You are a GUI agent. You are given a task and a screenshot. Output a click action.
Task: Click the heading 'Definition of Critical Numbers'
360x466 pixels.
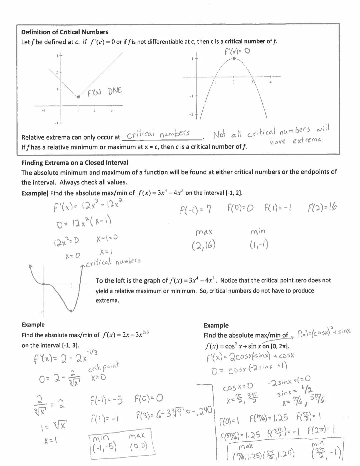(65, 32)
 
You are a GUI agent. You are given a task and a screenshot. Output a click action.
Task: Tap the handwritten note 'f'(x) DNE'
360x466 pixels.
(105, 92)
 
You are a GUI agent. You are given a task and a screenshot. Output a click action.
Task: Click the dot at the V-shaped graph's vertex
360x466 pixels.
(78, 97)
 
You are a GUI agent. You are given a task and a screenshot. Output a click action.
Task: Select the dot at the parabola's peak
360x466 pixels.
(234, 58)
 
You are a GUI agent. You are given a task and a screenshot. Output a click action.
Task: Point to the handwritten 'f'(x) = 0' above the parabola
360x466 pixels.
(237, 51)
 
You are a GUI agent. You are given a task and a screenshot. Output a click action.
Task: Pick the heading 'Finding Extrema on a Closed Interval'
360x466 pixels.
(75, 163)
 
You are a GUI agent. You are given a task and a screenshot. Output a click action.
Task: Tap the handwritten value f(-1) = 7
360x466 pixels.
(196, 209)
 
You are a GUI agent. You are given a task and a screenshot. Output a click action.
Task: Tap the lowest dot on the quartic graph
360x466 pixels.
(71, 311)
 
